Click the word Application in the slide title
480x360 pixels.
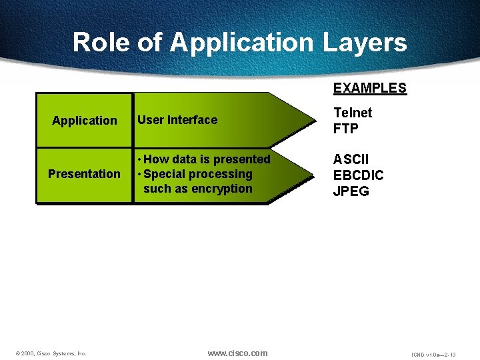tap(241, 43)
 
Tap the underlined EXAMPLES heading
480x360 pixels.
tap(369, 88)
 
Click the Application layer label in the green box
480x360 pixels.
tap(85, 121)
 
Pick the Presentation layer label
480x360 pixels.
tap(85, 174)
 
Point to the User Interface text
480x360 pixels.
tap(177, 120)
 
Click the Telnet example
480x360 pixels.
tap(353, 113)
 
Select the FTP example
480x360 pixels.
tap(346, 129)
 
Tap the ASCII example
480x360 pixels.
tap(351, 160)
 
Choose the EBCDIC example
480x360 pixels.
tap(359, 176)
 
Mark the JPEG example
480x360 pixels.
tap(351, 192)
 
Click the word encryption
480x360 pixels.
tap(222, 189)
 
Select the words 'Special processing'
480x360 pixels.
tap(197, 174)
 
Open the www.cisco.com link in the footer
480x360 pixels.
tap(237, 353)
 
